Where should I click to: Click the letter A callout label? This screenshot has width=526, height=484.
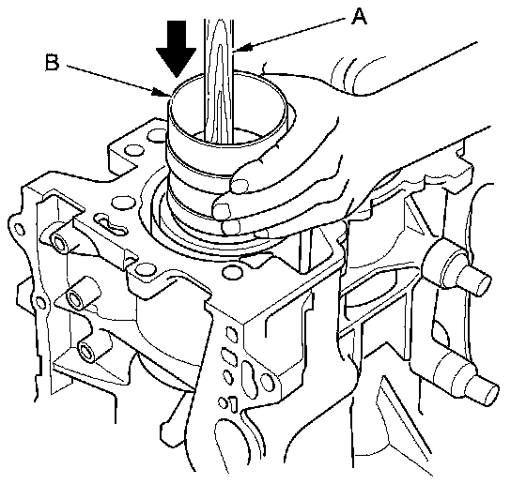click(359, 17)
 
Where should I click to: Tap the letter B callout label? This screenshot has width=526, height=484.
click(52, 63)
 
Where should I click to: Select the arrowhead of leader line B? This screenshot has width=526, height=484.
click(160, 92)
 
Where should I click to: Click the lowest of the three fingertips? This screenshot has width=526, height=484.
click(231, 227)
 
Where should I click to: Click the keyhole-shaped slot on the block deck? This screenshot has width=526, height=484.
click(112, 224)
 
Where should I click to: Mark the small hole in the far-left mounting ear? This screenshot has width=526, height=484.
click(20, 230)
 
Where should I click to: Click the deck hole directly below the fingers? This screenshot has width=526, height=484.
click(232, 272)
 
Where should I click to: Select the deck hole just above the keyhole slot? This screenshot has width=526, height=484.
click(121, 203)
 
